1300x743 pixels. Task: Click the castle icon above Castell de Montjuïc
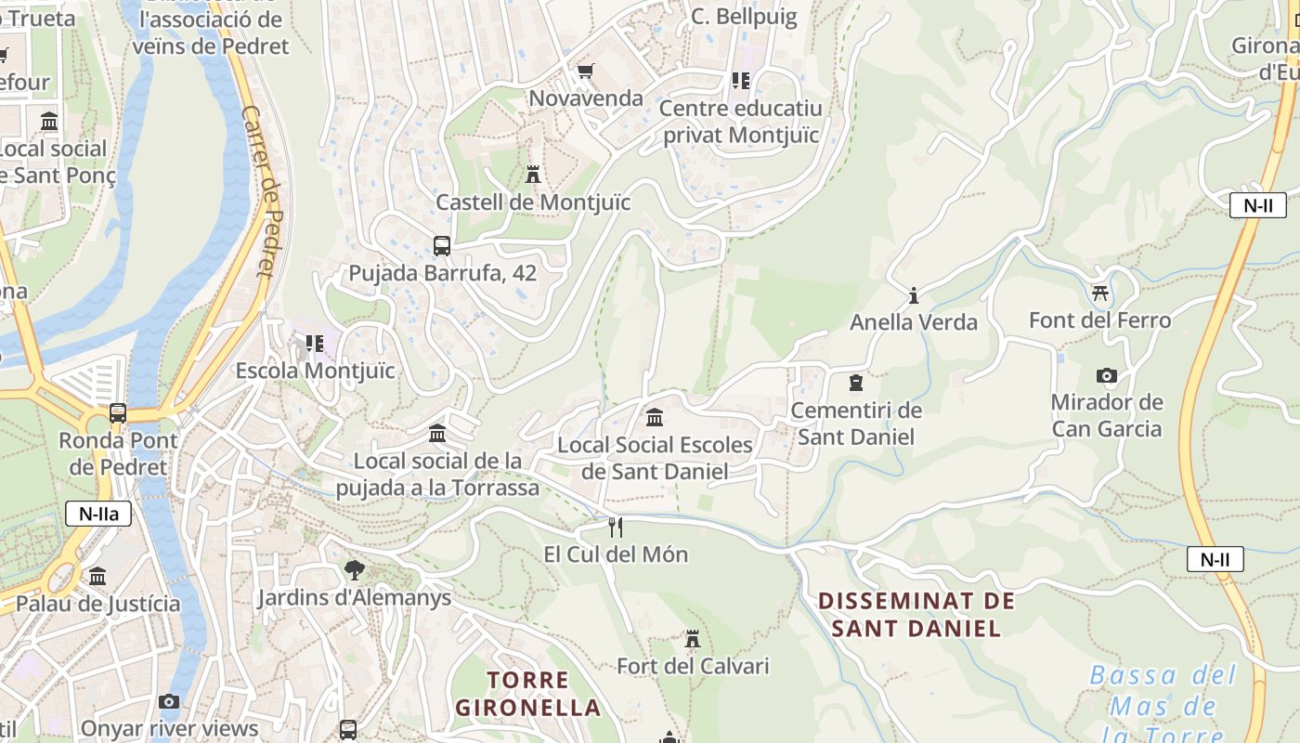533,174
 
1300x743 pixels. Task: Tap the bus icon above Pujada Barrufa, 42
442,246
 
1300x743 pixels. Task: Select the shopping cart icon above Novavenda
585,71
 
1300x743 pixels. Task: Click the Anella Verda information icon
914,295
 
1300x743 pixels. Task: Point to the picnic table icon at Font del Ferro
1100,293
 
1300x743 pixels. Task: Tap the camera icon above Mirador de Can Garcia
1106,375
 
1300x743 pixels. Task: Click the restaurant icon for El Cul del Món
615,527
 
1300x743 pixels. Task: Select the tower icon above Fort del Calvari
692,639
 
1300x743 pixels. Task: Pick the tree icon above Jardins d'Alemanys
354,569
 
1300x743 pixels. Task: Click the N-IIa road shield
98,514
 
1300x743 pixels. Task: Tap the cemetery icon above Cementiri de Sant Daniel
856,383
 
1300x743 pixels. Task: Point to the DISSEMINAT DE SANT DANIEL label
916,614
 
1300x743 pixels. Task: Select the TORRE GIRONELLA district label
527,693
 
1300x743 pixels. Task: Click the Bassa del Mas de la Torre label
1163,704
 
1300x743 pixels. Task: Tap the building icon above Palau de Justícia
97,577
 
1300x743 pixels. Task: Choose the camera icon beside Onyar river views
168,701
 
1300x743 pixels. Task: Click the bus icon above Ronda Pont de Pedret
118,412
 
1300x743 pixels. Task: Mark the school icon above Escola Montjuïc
315,344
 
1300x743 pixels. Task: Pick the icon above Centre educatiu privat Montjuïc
740,81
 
